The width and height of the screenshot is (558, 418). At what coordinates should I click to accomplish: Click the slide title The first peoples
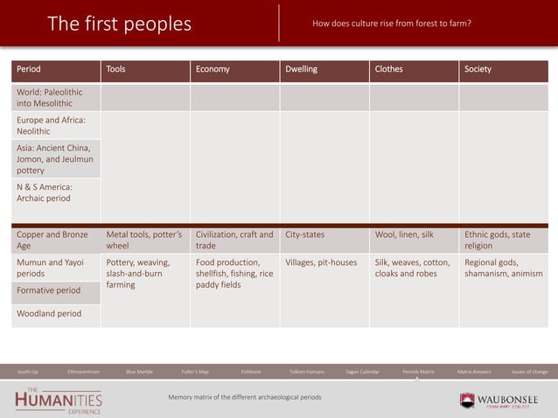[x=119, y=24]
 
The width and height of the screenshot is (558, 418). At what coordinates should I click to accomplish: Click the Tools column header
[x=115, y=69]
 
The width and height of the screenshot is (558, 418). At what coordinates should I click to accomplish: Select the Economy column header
[x=213, y=69]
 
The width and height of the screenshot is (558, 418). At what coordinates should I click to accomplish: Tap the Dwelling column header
[x=302, y=69]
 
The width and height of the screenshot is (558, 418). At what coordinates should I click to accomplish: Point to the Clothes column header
[x=389, y=69]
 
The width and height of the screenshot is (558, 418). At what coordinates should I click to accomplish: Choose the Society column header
[x=478, y=69]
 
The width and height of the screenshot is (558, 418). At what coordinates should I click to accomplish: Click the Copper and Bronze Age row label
[x=52, y=240]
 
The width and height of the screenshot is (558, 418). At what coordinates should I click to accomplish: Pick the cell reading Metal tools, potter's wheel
[x=143, y=240]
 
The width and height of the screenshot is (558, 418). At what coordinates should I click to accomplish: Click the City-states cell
[x=305, y=234]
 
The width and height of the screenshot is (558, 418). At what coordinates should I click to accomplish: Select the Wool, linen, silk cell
[x=404, y=234]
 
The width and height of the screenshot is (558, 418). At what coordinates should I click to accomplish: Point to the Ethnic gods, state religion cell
[x=498, y=240]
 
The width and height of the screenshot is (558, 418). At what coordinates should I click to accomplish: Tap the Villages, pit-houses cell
[x=321, y=261]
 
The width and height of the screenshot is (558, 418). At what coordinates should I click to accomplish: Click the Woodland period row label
[x=49, y=313]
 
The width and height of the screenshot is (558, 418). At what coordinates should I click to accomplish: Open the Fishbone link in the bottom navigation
[x=251, y=372]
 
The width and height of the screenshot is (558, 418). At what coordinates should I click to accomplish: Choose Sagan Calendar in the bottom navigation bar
[x=363, y=372]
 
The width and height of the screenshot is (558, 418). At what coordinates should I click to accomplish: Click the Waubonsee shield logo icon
[x=467, y=400]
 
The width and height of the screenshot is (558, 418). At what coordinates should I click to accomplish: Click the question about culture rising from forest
[x=392, y=24]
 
